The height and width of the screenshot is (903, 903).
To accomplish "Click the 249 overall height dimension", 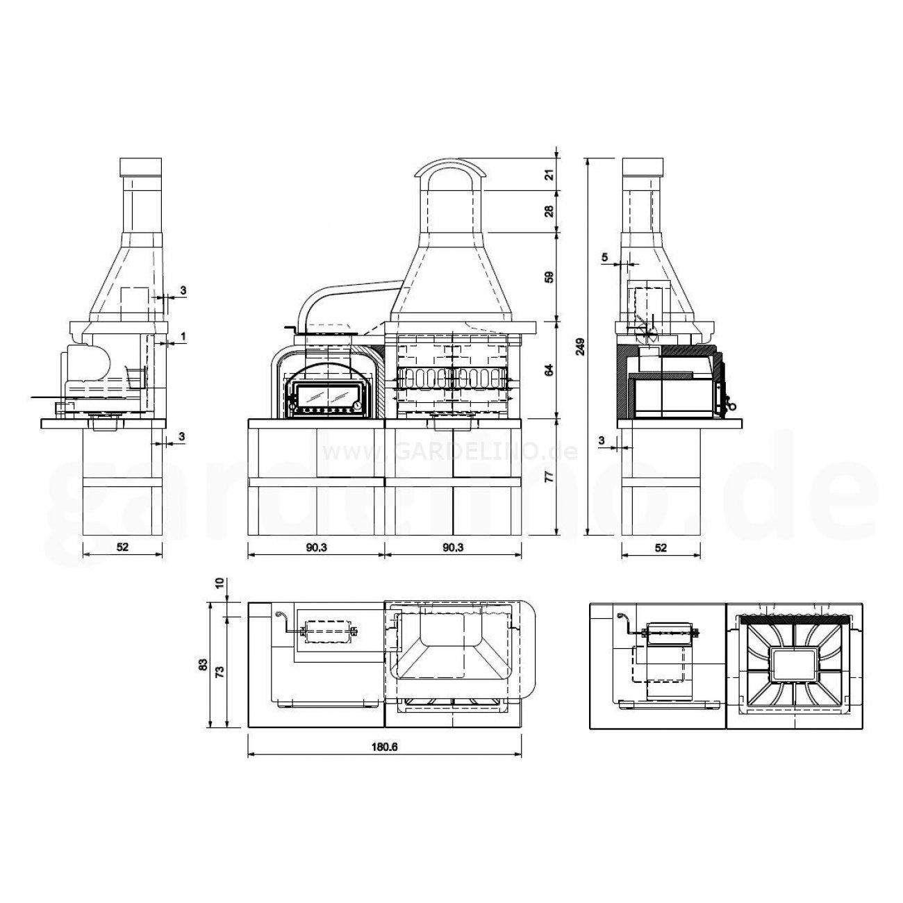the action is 581,347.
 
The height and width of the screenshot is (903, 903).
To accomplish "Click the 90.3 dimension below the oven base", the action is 317,548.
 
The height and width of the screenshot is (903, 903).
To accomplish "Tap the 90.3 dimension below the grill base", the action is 453,548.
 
